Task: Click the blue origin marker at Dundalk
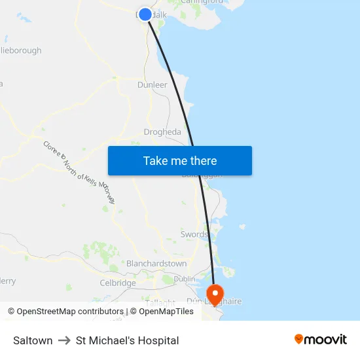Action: click(x=145, y=14)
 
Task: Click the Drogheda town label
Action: click(x=162, y=132)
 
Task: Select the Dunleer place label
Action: click(x=153, y=85)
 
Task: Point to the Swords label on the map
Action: click(x=194, y=234)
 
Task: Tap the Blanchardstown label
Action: click(x=156, y=264)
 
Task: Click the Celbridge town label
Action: click(x=118, y=283)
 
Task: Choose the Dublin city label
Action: click(x=185, y=279)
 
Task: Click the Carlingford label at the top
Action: click(x=202, y=2)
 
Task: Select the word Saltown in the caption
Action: click(x=33, y=340)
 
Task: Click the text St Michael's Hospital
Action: click(x=127, y=340)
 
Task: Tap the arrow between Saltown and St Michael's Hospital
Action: click(x=64, y=340)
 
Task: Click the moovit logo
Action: click(x=321, y=340)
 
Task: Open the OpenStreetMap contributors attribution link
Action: click(x=65, y=312)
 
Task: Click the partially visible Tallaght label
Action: click(x=160, y=303)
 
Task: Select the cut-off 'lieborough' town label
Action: click(x=21, y=50)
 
